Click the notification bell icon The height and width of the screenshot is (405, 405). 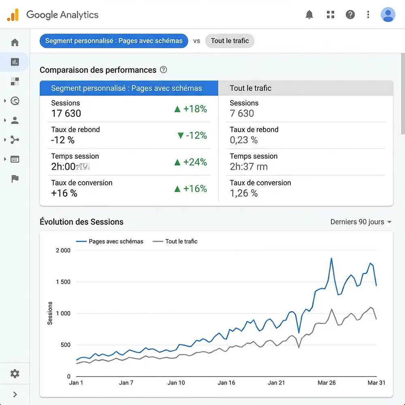(309, 15)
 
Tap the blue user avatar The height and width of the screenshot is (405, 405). (388, 15)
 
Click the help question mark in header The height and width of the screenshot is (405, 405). (350, 15)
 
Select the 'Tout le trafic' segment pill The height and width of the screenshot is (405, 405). (230, 41)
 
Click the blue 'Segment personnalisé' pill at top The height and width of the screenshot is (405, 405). (114, 41)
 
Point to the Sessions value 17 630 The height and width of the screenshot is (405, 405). (66, 113)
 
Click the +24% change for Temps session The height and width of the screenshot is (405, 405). (190, 162)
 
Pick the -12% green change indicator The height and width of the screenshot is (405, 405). (192, 135)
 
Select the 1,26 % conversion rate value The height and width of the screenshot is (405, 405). (243, 193)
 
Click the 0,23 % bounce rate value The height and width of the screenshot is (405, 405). (243, 140)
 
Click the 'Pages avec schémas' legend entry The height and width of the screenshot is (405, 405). (110, 241)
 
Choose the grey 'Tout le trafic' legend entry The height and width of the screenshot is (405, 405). (175, 241)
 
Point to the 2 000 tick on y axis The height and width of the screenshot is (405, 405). (63, 250)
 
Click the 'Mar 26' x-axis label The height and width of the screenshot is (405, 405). (326, 383)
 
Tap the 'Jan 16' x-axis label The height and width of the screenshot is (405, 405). (226, 383)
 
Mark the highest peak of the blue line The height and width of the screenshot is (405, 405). (331, 258)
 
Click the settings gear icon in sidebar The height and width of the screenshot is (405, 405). (15, 373)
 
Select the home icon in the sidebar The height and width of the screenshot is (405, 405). (15, 43)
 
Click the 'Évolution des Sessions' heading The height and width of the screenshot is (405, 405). (81, 222)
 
